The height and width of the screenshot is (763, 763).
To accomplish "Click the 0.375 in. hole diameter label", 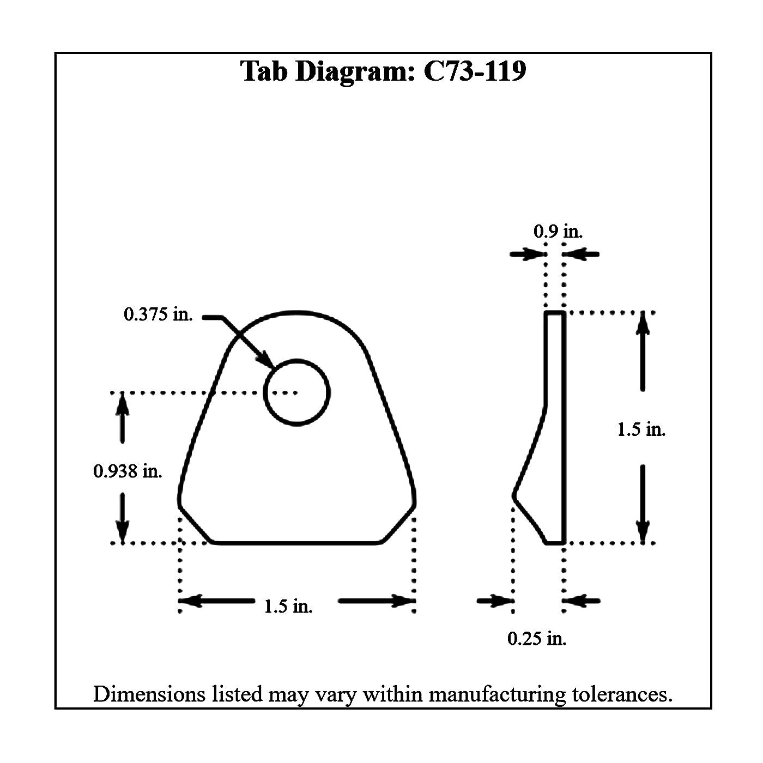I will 158,314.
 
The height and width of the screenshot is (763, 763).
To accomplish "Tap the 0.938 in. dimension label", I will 128,471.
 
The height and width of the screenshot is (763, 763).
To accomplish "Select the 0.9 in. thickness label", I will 558,232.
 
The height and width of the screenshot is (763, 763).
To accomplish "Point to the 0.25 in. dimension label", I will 537,638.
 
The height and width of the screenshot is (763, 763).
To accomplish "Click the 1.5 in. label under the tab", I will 288,606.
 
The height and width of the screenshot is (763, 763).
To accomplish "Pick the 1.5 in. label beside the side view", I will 641,429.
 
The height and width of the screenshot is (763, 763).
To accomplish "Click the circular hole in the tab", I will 296,392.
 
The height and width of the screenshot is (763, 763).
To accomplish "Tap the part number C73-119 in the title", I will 474,71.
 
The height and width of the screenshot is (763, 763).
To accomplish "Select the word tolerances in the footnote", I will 622,694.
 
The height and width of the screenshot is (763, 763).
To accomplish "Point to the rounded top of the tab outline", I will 296,313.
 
